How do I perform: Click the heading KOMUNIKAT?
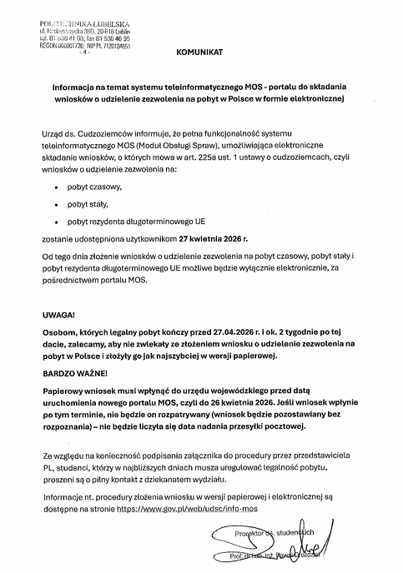(200, 52)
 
